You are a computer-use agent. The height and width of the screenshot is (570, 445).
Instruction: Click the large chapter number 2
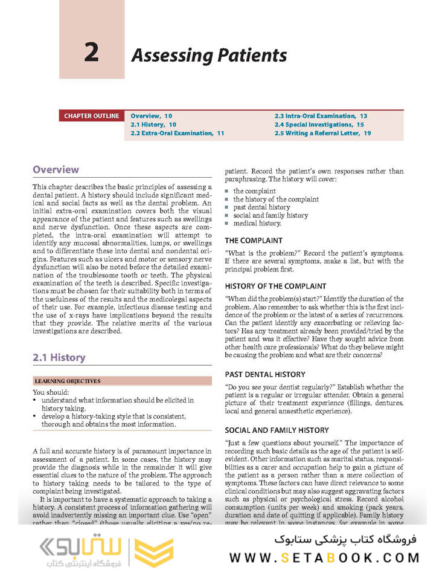pos(91,54)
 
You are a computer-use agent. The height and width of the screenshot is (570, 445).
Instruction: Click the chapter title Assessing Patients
pos(209,56)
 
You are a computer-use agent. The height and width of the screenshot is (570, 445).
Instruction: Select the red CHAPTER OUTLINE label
pos(92,116)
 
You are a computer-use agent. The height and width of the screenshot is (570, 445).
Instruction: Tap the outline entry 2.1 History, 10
pos(153,125)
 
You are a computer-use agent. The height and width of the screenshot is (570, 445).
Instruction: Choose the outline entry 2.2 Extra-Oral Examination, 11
pos(177,133)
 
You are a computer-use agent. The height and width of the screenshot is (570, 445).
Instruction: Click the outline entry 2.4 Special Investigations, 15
pos(319,125)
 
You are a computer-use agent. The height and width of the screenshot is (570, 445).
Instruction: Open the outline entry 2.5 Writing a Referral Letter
pos(322,133)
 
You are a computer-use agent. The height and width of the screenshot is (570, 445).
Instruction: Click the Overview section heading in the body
pos(56,170)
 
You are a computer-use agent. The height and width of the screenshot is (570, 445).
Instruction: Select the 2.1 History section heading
pos(59,357)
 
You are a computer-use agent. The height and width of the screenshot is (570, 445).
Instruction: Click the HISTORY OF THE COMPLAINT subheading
pos(275,286)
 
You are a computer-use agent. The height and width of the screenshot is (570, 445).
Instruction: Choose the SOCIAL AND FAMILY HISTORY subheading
pos(277,430)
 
